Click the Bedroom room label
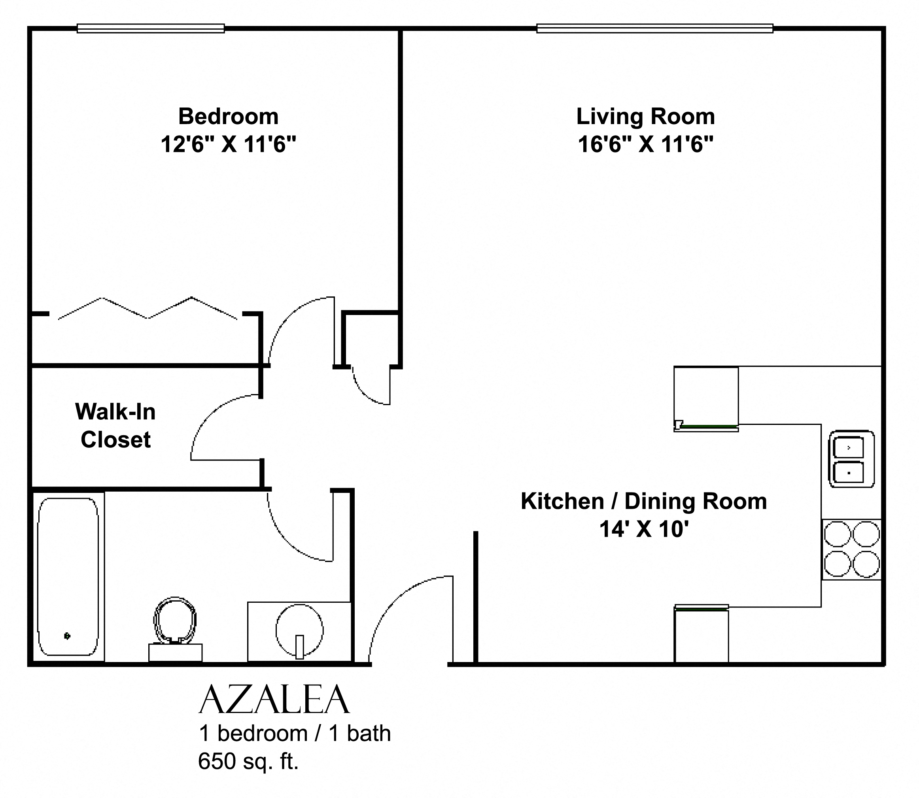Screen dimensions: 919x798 tap(228, 117)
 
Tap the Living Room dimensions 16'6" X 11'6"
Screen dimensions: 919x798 tap(645, 144)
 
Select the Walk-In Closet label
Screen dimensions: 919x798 tap(115, 425)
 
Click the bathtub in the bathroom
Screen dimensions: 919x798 tap(68, 577)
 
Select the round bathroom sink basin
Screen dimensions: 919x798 tap(299, 630)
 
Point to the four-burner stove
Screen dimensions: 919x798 tap(852, 549)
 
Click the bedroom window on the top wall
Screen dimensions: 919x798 tap(151, 28)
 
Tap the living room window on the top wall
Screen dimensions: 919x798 tap(654, 28)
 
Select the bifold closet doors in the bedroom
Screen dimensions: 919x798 tap(147, 308)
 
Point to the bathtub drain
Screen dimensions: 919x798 tap(67, 636)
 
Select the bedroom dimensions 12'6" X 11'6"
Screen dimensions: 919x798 tap(228, 144)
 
